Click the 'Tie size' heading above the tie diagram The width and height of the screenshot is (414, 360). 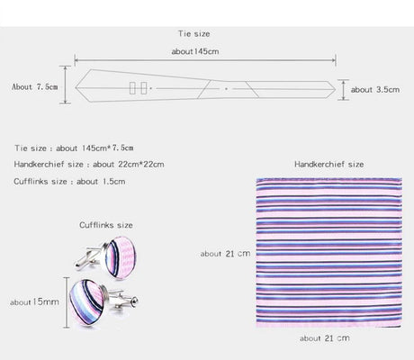193,33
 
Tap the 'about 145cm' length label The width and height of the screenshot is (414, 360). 195,51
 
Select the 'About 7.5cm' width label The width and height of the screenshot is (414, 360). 35,86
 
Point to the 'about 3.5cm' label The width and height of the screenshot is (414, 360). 375,89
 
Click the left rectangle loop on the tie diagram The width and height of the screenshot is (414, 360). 132,88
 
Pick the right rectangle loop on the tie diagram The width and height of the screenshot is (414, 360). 144,88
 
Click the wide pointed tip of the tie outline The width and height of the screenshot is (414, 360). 76,88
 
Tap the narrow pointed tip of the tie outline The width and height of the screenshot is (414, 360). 336,89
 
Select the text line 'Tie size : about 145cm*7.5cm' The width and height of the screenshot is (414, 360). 74,148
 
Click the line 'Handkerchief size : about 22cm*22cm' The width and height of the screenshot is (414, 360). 89,165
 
